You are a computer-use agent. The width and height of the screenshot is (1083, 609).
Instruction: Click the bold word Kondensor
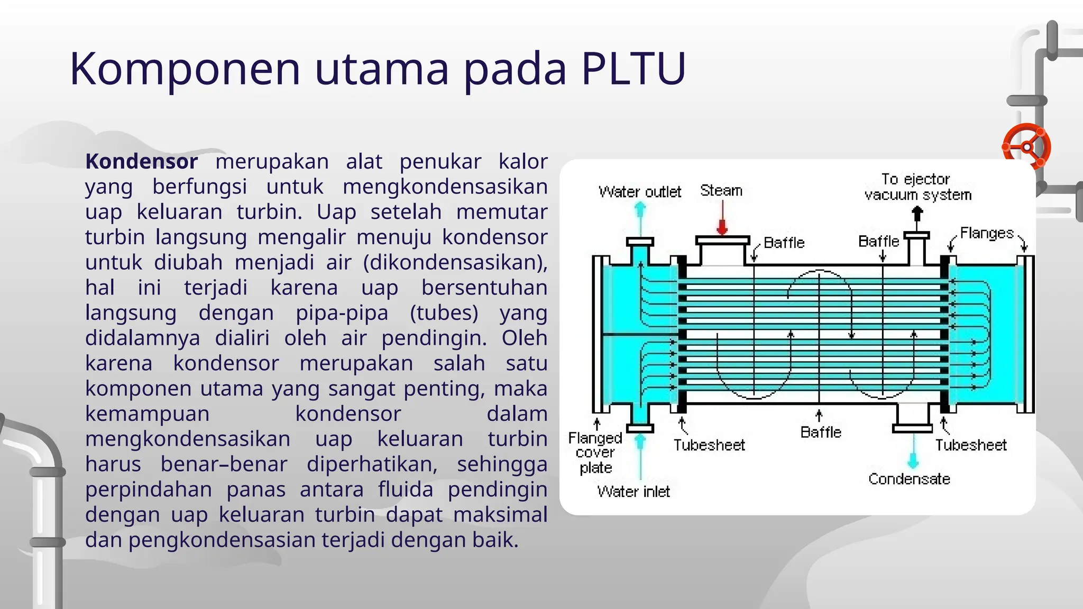[x=141, y=162]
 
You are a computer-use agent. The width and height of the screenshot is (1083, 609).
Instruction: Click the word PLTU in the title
[x=633, y=68]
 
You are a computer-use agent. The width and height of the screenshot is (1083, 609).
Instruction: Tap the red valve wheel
[x=1026, y=147]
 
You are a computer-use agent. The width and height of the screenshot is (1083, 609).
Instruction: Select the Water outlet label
[x=639, y=192]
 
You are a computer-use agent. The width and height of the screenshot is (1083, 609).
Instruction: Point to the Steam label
[x=721, y=190]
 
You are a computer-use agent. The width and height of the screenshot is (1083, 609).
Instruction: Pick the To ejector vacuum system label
[x=917, y=187]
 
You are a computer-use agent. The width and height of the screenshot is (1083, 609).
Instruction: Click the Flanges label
[x=986, y=233]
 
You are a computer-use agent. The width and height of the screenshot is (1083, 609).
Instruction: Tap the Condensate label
[x=909, y=479]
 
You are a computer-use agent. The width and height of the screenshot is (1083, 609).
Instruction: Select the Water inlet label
[x=633, y=492]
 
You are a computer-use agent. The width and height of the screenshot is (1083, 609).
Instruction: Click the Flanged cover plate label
[x=595, y=453]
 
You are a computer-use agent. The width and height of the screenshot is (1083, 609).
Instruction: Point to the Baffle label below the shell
[x=820, y=432]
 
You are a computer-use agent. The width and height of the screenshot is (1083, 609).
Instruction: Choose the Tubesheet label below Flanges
[x=970, y=445]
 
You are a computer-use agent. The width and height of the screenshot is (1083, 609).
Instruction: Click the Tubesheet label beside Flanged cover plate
[x=709, y=445]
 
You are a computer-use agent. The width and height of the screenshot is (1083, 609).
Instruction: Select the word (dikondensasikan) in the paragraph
[x=455, y=263]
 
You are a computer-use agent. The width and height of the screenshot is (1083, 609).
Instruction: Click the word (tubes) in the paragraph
[x=444, y=313]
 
